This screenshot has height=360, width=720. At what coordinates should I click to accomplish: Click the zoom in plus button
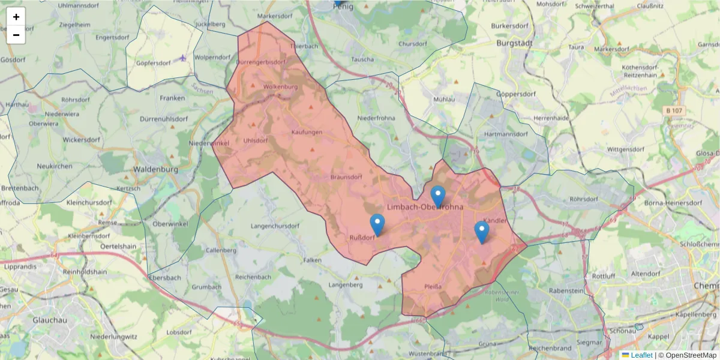click(x=16, y=17)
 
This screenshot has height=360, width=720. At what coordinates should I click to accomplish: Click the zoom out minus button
click(x=16, y=35)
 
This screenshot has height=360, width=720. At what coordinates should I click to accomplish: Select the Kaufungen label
click(x=307, y=132)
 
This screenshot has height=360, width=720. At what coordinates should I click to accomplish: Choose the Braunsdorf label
click(x=346, y=177)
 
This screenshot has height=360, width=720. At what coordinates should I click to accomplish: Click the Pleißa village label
click(x=433, y=287)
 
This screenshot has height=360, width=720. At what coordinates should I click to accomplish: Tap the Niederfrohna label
click(x=376, y=118)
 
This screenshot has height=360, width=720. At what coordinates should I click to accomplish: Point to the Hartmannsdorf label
click(x=506, y=134)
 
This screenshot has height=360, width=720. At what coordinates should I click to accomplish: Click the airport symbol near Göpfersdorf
click(x=182, y=58)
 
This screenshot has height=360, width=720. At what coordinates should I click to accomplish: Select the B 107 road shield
click(x=675, y=111)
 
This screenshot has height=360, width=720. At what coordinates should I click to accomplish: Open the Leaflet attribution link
click(x=641, y=355)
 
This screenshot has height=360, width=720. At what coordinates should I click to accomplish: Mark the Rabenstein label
click(x=566, y=290)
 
